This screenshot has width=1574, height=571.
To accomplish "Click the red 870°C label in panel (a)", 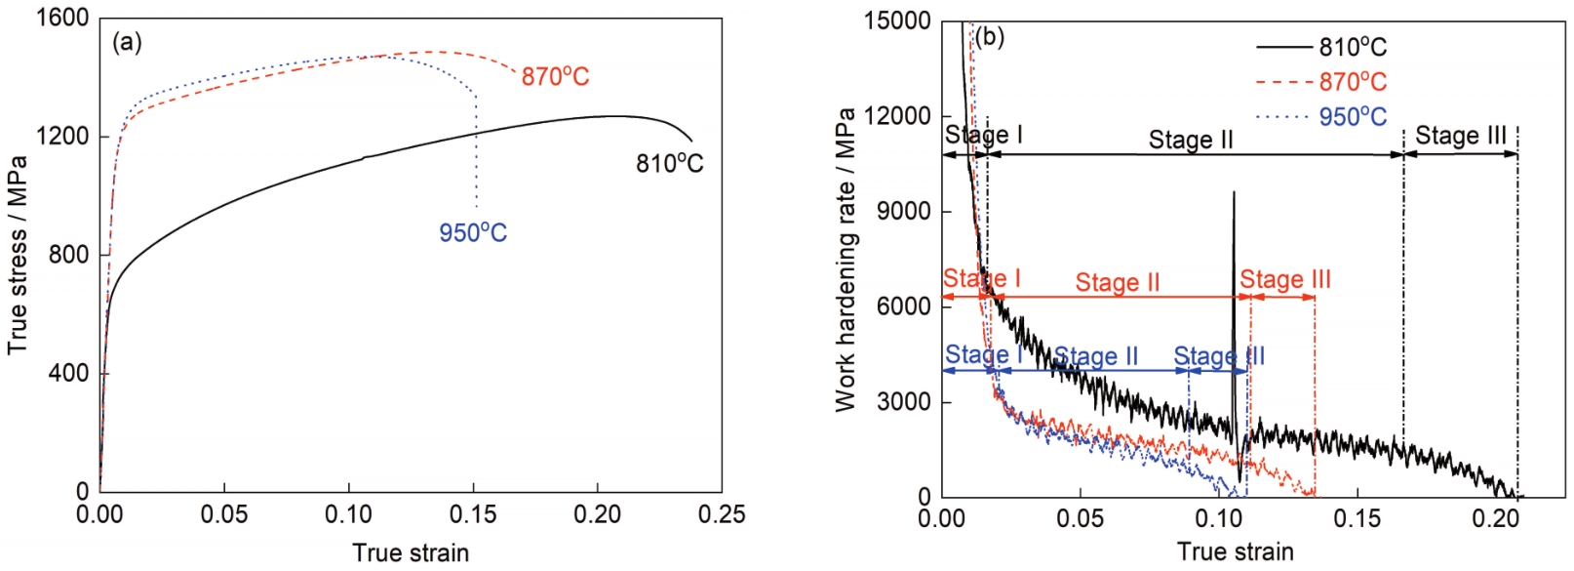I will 555,76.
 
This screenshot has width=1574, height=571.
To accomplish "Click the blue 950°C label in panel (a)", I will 473,233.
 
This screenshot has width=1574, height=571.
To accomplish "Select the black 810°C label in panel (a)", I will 669,163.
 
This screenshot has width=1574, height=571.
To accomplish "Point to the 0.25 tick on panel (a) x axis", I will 722,514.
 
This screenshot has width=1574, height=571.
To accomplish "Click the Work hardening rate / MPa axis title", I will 846,260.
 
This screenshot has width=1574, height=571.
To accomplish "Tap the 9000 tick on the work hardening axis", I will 904,211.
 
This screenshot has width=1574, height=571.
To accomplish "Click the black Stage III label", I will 1461,136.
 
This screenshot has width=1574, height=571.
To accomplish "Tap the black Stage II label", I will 1191,141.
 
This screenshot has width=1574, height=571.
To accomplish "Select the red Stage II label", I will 1118,283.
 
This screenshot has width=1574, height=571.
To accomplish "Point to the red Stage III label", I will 1285,281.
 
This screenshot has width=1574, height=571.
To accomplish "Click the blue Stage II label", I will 1096,356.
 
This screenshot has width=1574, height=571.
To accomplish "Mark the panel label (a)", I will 128,42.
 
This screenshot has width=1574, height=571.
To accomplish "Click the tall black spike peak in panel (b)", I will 1234,193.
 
